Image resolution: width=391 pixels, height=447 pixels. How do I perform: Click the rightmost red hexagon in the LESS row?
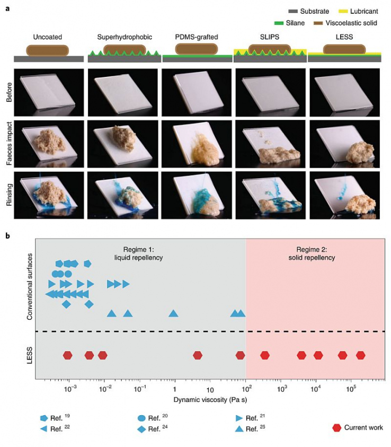[361, 355]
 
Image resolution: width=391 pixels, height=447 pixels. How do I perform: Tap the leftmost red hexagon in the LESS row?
[67, 355]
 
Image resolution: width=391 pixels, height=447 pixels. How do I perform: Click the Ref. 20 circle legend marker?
[141, 418]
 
